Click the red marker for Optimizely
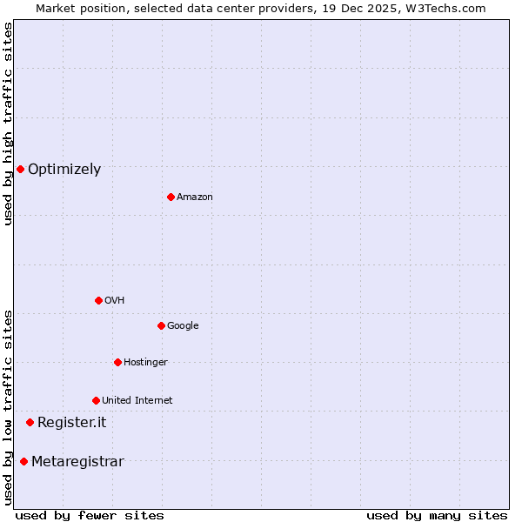(x=20, y=169)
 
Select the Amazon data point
(x=171, y=197)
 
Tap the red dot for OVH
(x=98, y=300)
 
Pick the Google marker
(x=161, y=325)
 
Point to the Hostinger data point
(x=117, y=362)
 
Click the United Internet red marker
(x=96, y=400)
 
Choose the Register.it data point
(x=30, y=422)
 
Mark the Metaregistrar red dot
(x=23, y=461)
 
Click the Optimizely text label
(x=64, y=170)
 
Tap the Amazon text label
(x=195, y=197)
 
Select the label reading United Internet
(x=137, y=401)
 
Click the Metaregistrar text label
(x=77, y=462)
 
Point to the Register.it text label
(x=71, y=423)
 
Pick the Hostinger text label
(x=145, y=363)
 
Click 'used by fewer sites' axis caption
(x=90, y=515)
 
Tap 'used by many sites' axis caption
(x=437, y=515)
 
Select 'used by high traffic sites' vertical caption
(x=8, y=124)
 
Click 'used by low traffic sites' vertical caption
(x=8, y=406)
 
